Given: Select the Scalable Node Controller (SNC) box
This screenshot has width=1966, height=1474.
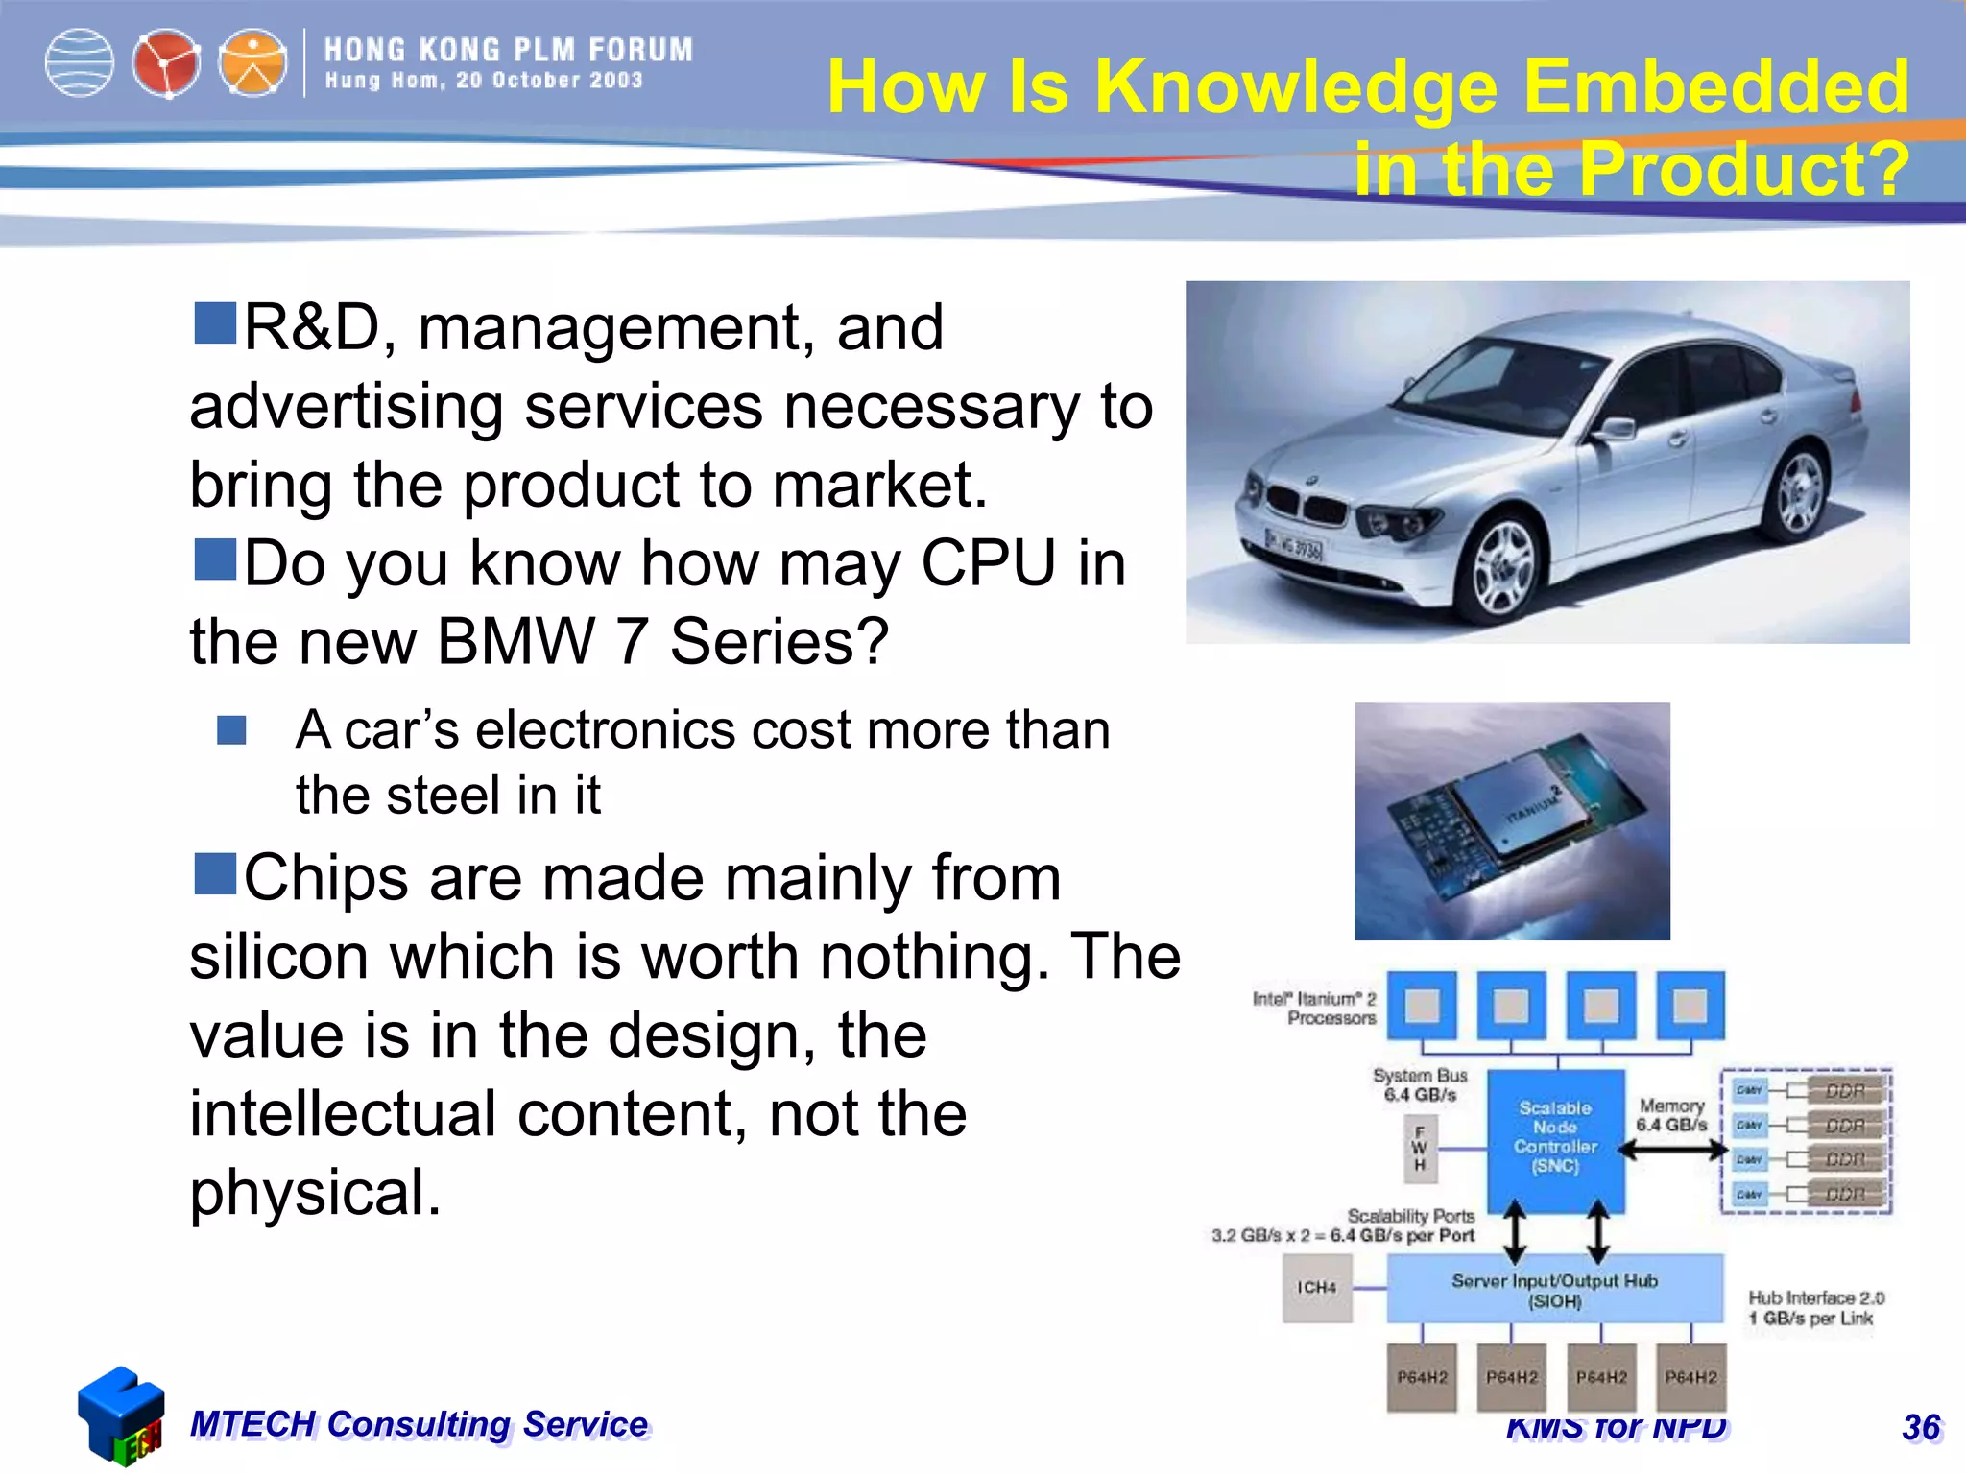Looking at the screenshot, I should [x=1555, y=1138].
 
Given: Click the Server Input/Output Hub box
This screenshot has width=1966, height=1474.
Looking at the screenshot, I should [x=1554, y=1291].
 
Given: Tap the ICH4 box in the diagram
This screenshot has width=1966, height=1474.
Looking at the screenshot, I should [x=1317, y=1288].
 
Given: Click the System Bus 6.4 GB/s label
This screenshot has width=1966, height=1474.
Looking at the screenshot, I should [x=1420, y=1085].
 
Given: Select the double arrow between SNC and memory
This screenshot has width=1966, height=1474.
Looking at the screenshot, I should [x=1671, y=1150].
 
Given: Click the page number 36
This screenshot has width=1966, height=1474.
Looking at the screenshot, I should [x=1921, y=1428].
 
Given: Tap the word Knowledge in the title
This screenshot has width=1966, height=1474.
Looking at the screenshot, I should [x=1296, y=88].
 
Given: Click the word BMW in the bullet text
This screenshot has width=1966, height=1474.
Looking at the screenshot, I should [x=516, y=641].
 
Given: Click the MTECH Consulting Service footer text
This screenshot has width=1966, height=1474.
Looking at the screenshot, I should [x=419, y=1424].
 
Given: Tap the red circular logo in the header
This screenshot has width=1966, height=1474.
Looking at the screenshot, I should [x=166, y=64].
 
